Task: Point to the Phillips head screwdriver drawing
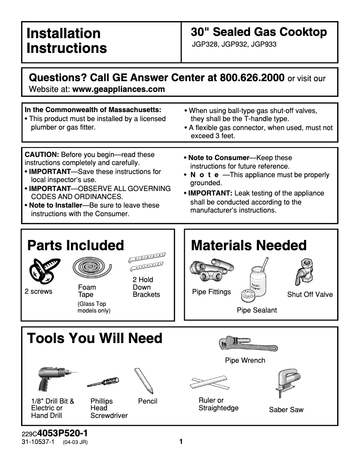click(103, 382)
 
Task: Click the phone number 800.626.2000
click(252, 77)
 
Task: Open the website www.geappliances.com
click(119, 89)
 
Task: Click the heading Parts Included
click(75, 245)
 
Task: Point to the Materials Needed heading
click(249, 245)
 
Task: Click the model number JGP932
click(234, 44)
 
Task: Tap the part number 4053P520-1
click(62, 434)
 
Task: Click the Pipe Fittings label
click(211, 292)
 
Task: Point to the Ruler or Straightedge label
click(218, 404)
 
